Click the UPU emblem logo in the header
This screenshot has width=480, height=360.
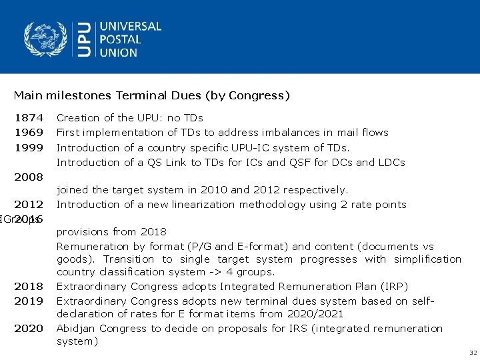(x=45, y=39)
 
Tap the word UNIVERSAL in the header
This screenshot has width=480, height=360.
(x=131, y=27)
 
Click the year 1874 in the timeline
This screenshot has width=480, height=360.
(x=29, y=118)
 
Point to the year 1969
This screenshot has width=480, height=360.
(x=29, y=133)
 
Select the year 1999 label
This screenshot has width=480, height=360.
(x=29, y=147)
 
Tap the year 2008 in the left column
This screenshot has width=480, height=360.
(x=29, y=177)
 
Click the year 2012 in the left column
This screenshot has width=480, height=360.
(x=29, y=205)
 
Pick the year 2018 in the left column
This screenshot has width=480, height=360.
(x=29, y=287)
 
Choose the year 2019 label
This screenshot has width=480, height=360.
(x=29, y=301)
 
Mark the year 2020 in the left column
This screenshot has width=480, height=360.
(x=29, y=329)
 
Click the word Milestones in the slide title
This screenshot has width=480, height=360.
(x=69, y=96)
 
